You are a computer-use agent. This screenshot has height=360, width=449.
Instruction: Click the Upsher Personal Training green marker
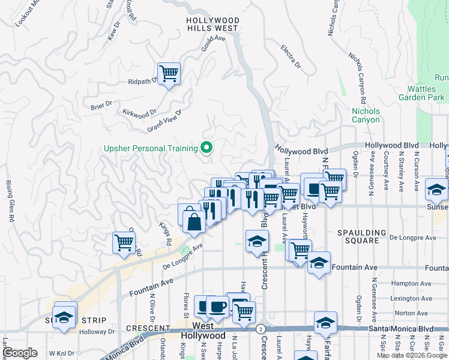(x=206, y=147)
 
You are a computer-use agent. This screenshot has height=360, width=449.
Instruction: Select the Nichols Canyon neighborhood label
(x=366, y=115)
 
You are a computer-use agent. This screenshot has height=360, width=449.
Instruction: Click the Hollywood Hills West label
(x=213, y=24)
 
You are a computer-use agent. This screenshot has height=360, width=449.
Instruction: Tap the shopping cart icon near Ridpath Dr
(x=169, y=74)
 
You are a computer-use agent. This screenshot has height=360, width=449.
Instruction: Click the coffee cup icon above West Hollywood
(x=217, y=307)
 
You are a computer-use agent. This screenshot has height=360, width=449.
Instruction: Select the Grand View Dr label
(x=164, y=122)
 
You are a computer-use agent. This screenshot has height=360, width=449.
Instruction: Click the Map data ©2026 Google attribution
(x=412, y=355)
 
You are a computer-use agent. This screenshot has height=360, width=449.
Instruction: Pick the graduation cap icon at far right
(x=436, y=189)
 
